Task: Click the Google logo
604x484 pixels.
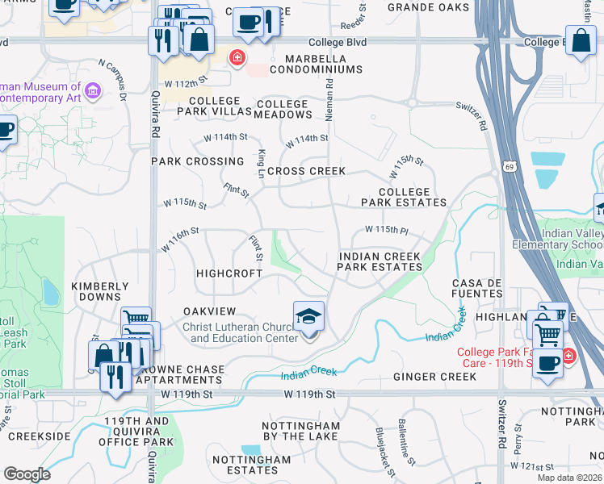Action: point(27,474)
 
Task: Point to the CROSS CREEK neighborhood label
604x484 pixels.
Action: point(306,171)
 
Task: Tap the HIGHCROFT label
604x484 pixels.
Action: point(229,273)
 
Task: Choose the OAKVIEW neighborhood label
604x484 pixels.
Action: point(209,311)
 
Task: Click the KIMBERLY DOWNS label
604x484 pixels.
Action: point(100,291)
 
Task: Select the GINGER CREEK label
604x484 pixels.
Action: point(434,377)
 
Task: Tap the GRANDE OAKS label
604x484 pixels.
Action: point(428,7)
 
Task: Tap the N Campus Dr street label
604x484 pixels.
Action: point(112,79)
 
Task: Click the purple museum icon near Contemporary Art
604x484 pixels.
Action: point(92,91)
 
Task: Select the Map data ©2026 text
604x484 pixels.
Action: point(569,477)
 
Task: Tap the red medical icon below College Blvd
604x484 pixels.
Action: point(237,58)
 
